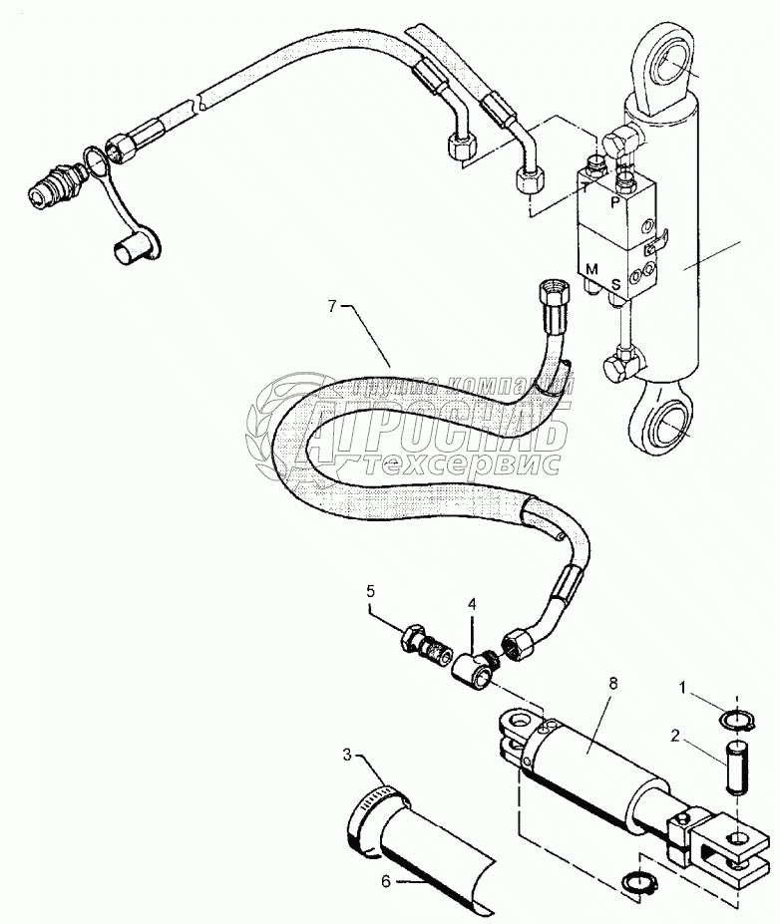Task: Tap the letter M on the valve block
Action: [591, 268]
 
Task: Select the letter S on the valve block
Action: [616, 284]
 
